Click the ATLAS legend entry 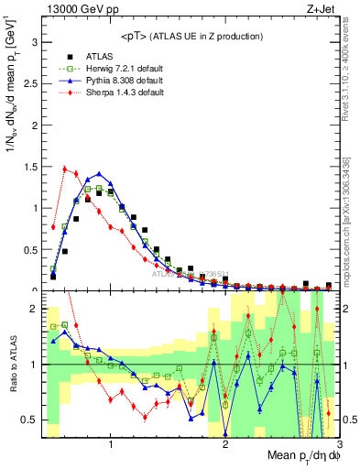point(99,56)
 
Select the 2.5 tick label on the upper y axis point(29,83)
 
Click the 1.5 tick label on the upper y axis point(29,167)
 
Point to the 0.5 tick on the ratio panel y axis point(29,420)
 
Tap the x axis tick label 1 point(111,445)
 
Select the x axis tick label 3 point(338,445)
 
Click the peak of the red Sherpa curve point(64,169)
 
